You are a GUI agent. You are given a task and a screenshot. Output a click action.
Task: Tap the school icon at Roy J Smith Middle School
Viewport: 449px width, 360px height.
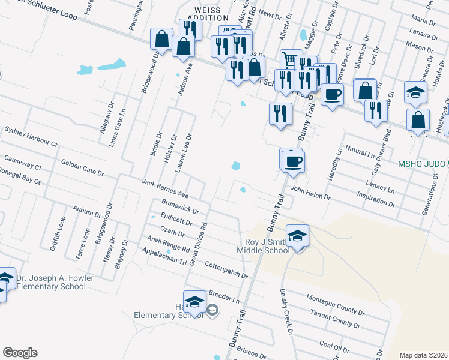(297, 236)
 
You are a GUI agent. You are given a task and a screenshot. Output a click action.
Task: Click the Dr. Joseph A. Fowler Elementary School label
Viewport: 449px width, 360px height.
(51, 282)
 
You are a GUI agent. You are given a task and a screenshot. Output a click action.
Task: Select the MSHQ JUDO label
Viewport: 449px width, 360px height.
(420, 164)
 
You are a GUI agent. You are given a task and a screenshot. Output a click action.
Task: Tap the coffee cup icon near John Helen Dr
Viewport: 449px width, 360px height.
(293, 160)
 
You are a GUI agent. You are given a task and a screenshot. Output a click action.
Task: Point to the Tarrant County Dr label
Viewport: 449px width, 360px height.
(335, 319)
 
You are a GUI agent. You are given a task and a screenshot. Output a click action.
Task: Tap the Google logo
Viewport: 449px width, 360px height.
(20, 353)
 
